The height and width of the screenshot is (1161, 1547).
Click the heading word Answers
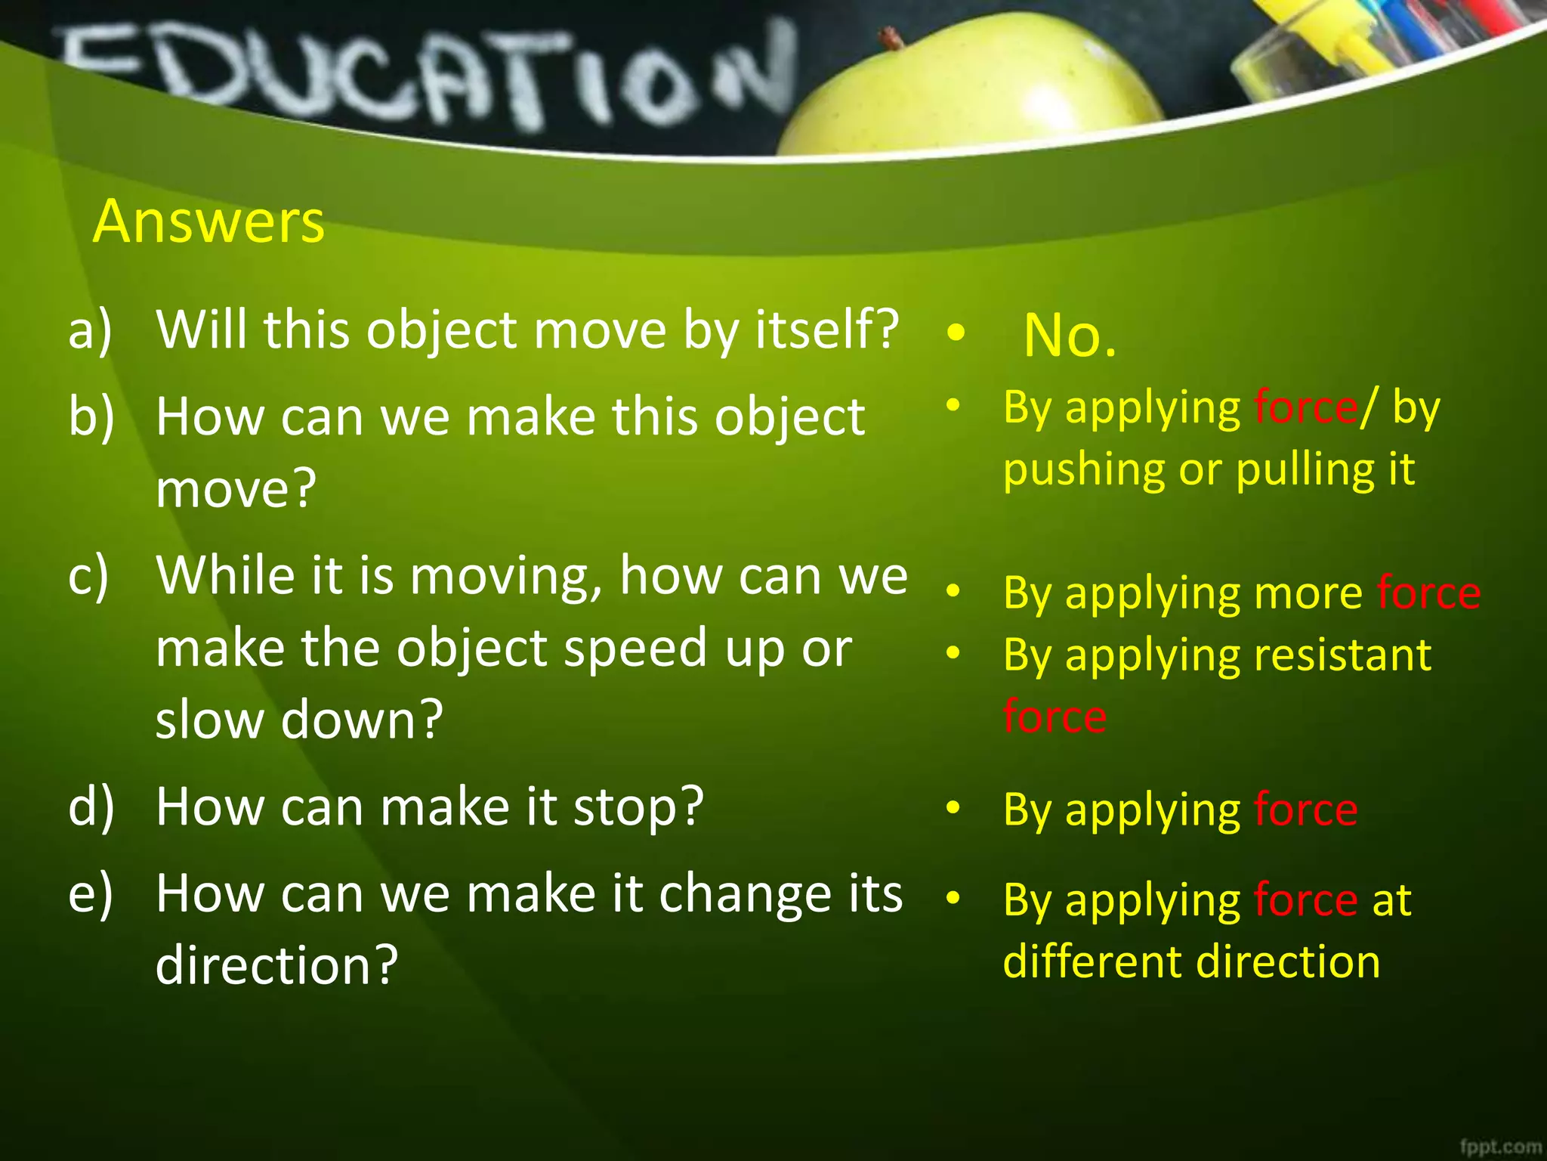(x=208, y=221)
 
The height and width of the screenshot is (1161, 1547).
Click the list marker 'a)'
(x=90, y=331)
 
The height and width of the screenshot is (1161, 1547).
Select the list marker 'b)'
(x=91, y=417)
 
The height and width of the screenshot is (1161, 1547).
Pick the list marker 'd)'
(x=91, y=807)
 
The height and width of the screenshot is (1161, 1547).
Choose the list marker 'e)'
(x=90, y=894)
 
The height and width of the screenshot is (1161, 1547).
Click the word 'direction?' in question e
(x=276, y=966)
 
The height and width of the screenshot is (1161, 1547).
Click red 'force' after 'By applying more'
(x=1428, y=593)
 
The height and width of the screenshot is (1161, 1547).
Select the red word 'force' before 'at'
(x=1305, y=900)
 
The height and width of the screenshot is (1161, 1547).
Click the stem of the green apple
(x=891, y=37)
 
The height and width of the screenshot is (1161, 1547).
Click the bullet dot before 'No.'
(x=956, y=333)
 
